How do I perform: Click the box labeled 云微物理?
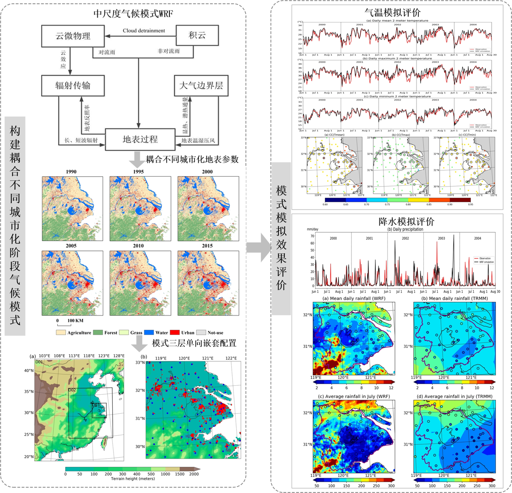tap(73, 36)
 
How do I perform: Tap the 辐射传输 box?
tap(73, 85)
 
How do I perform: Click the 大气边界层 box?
tap(201, 85)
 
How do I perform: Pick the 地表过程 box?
tap(140, 139)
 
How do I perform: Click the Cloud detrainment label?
tap(144, 31)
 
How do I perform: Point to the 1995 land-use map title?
tap(138, 172)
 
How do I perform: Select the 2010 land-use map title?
tap(138, 246)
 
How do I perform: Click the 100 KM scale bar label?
tap(75, 320)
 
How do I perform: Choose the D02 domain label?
tap(72, 390)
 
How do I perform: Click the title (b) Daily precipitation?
tap(405, 229)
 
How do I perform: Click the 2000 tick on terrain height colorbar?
tap(195, 474)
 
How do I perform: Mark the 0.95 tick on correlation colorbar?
tap(471, 204)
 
